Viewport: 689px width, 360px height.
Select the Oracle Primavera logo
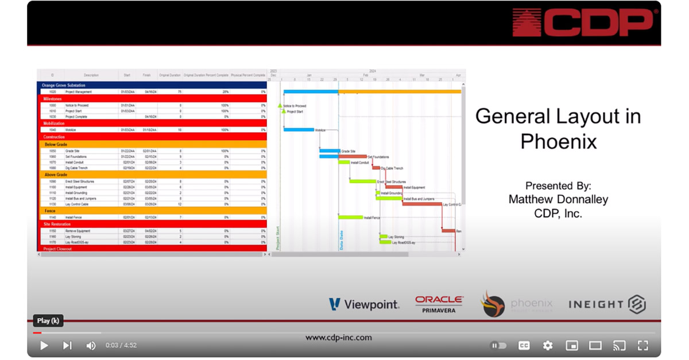pyautogui.click(x=439, y=304)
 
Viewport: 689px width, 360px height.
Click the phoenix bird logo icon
pyautogui.click(x=493, y=304)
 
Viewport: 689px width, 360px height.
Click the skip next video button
pyautogui.click(x=67, y=346)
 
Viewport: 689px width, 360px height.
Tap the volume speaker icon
pyautogui.click(x=91, y=346)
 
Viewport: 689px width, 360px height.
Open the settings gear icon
pyautogui.click(x=548, y=346)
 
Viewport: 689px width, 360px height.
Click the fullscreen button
pyautogui.click(x=642, y=346)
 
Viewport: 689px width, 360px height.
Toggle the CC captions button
pyautogui.click(x=524, y=346)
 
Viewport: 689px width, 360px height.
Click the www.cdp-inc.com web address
pyautogui.click(x=338, y=338)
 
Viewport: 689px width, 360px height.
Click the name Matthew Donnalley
pyautogui.click(x=558, y=199)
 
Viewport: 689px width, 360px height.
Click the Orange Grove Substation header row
pyautogui.click(x=152, y=85)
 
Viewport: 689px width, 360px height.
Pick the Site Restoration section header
pyautogui.click(x=152, y=224)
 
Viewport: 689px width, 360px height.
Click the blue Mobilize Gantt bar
pyautogui.click(x=299, y=130)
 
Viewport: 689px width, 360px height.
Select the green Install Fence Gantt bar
pyautogui.click(x=350, y=218)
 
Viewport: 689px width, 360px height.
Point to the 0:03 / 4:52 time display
pyautogui.click(x=121, y=346)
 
